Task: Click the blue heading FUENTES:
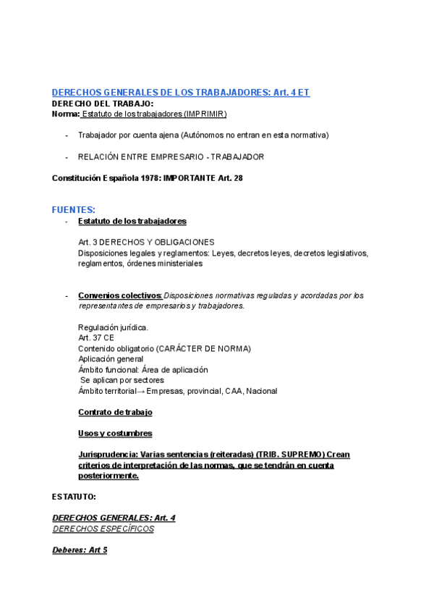coord(73,209)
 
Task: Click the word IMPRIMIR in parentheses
coord(205,114)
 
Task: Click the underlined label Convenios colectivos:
coord(120,295)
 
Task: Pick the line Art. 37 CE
coord(96,337)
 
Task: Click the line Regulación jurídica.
coord(113,327)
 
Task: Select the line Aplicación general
coord(111,358)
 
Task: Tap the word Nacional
coord(261,391)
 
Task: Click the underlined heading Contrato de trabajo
coord(115,412)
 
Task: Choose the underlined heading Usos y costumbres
coord(115,433)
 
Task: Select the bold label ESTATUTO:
coord(74,497)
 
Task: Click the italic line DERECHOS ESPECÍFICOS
coord(103,529)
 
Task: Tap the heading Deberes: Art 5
coord(80,550)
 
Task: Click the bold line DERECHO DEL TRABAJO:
coord(103,104)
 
